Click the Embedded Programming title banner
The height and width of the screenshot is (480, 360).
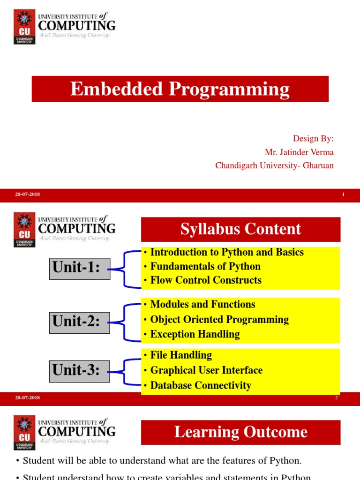pos(180,89)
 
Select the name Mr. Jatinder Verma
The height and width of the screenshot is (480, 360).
pos(299,152)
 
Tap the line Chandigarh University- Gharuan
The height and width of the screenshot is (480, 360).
pos(274,165)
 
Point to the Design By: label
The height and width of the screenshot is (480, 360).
pos(313,138)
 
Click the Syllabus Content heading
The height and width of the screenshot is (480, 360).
pos(240,229)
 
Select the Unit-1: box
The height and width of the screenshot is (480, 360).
pos(80,269)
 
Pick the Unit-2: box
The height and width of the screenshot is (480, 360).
pos(80,322)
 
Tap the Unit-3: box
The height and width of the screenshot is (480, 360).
pos(80,371)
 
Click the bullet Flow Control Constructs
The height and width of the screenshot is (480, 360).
pos(205,280)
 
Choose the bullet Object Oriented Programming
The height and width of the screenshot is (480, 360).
pos(219,320)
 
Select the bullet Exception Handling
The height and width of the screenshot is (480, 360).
pos(195,334)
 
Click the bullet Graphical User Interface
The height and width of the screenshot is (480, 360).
pos(206,370)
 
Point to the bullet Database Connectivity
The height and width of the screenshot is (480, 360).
pos(200,385)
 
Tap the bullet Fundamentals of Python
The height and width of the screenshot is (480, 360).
pos(205,266)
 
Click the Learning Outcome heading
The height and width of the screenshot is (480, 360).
pos(240,432)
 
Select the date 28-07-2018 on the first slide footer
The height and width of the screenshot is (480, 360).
pos(27,195)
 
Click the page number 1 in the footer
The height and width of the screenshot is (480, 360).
pos(343,195)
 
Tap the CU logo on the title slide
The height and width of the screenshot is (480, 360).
pos(24,27)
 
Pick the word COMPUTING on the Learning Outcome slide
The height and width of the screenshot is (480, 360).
pos(76,431)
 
